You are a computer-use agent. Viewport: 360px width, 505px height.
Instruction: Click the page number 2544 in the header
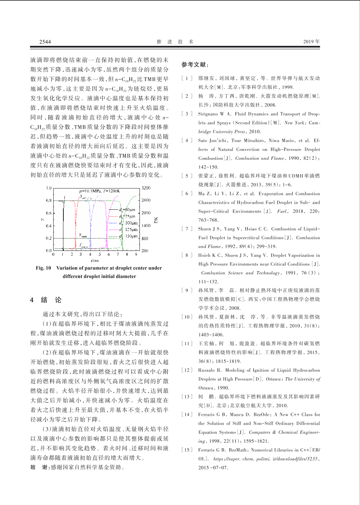pos(45,42)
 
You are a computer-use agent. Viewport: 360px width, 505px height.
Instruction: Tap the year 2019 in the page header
pos(311,42)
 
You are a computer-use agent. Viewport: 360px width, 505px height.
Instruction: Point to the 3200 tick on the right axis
pos(146,188)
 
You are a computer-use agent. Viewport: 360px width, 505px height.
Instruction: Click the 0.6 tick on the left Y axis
pos(49,213)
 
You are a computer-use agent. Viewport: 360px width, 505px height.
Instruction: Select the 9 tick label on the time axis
pos(136,254)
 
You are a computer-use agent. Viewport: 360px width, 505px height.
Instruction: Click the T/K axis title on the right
pos(156,220)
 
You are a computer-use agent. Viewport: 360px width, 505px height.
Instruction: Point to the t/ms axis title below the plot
pos(95,261)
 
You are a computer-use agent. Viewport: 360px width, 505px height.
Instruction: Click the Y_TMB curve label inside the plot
pos(83,235)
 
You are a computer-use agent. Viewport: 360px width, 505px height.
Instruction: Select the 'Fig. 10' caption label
pos(43,268)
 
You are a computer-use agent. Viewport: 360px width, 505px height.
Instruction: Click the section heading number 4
pos(32,300)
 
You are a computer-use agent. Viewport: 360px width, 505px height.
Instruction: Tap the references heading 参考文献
pos(195,65)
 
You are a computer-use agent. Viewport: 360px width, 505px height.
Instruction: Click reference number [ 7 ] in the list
pos(187,229)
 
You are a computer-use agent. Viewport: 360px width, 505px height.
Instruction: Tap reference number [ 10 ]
pos(187,317)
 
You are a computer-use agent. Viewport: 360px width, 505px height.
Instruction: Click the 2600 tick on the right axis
pos(146,200)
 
